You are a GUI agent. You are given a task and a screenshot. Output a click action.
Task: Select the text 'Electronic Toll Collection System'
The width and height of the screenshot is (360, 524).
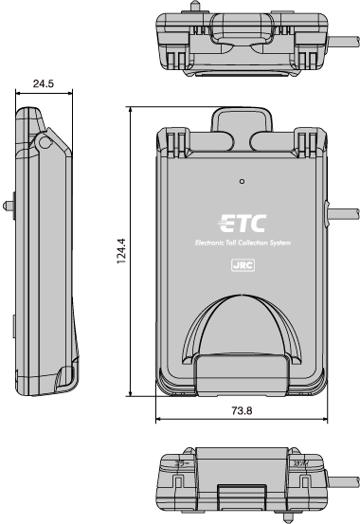(243, 246)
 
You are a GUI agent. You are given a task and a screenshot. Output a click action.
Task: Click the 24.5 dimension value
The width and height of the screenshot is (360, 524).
(43, 83)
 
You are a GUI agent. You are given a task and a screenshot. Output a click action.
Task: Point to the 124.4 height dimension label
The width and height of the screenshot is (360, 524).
(121, 250)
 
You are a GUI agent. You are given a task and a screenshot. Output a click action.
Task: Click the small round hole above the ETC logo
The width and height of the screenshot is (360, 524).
(242, 180)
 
